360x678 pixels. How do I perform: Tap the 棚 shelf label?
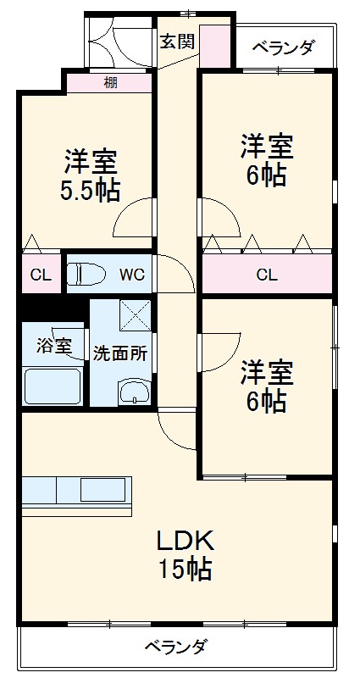tap(110, 82)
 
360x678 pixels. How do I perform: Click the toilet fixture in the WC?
tap(88, 274)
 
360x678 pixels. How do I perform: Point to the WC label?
tap(131, 275)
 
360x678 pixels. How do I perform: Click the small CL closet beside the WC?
tap(40, 275)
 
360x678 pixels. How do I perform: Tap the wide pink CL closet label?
tap(266, 275)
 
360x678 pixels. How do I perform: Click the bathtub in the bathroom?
tap(53, 386)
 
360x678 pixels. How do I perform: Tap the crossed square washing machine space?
tap(134, 315)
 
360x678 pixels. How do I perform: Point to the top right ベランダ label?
tap(283, 47)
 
